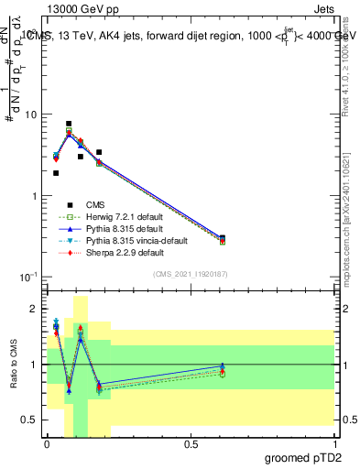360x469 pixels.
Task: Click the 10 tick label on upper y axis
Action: pyautogui.click(x=31, y=115)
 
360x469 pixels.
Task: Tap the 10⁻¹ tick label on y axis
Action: pyautogui.click(x=29, y=277)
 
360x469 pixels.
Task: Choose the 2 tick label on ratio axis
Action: pyautogui.click(x=36, y=310)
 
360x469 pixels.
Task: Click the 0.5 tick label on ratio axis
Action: pyautogui.click(x=31, y=420)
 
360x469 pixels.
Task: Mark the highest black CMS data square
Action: pyautogui.click(x=69, y=124)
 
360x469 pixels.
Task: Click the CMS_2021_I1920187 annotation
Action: pyautogui.click(x=191, y=274)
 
